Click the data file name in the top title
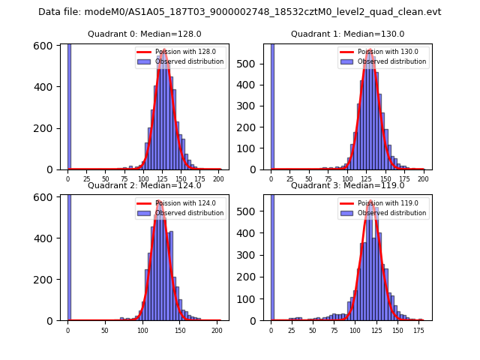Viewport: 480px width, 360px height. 239,12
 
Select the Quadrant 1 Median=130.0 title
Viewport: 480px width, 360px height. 347,34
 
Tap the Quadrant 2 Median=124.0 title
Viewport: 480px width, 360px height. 144,185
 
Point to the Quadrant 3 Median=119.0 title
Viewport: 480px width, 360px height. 347,185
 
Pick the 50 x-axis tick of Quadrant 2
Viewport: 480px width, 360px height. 105,330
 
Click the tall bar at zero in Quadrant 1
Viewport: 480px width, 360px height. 271,105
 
